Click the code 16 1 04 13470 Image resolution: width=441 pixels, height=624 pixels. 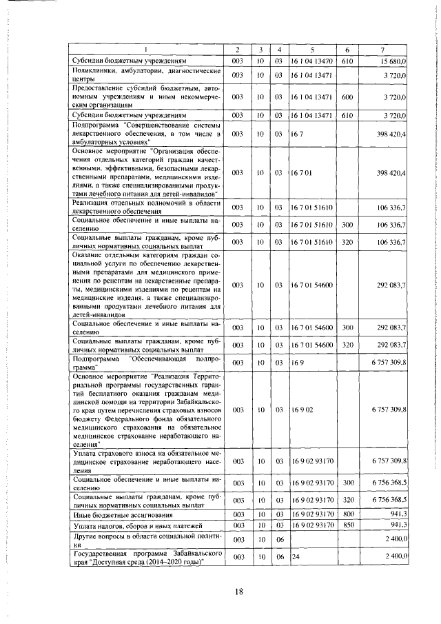tap(312, 61)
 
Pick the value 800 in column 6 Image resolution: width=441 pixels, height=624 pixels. tap(347, 514)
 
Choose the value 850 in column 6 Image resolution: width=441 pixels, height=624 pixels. tap(347, 525)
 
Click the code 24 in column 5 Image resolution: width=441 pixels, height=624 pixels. tap(296, 556)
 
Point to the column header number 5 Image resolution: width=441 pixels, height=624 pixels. tap(312, 50)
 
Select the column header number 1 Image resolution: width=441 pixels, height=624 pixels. tap(145, 50)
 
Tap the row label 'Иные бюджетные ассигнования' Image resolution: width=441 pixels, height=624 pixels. tap(112, 514)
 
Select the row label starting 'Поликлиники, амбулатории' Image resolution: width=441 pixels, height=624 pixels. tap(145, 74)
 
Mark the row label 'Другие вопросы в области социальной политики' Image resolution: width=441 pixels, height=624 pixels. tap(145, 539)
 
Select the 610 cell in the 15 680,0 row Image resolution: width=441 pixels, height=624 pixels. tap(347, 61)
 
